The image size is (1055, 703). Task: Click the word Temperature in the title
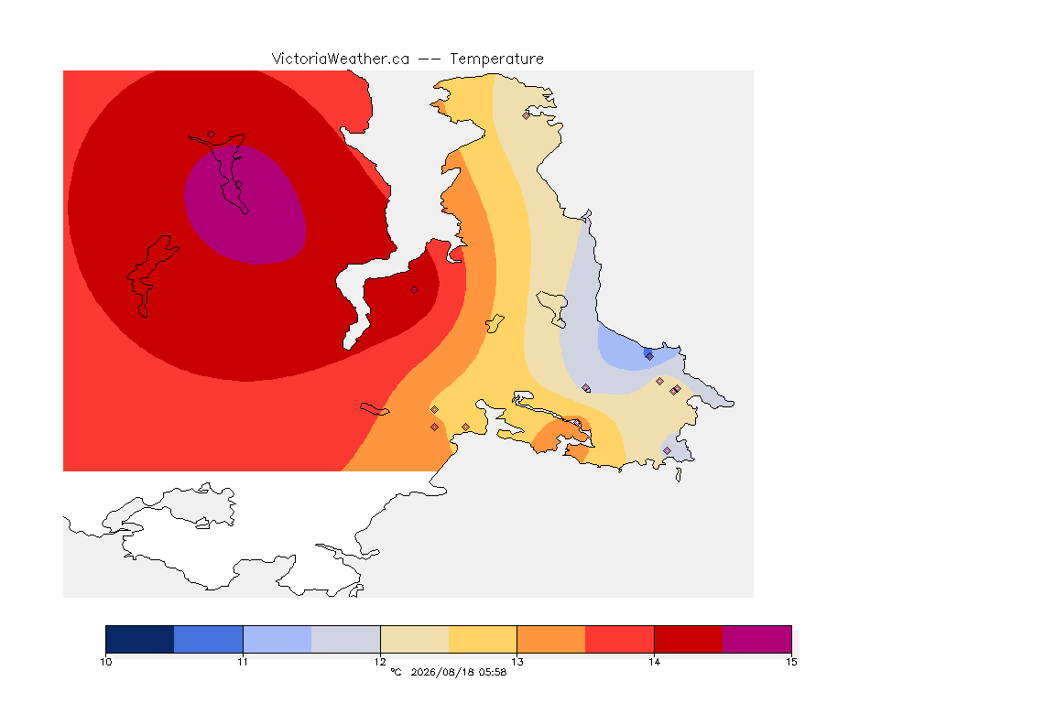(496, 59)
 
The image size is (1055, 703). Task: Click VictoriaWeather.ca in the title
(341, 59)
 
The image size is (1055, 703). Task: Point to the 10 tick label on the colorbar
(105, 662)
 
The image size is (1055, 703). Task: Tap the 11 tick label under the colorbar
(243, 662)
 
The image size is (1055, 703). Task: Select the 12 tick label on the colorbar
(380, 662)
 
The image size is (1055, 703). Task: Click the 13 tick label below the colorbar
(517, 662)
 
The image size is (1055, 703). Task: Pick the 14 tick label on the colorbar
(654, 662)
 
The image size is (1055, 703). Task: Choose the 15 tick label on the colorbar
(791, 662)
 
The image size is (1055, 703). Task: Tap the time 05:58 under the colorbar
(493, 672)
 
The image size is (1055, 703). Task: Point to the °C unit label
(396, 672)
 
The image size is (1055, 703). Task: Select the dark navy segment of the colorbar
(140, 639)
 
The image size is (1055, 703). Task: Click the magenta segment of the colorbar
(757, 639)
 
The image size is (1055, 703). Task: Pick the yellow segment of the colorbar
(483, 639)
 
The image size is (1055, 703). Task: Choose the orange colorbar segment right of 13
(551, 639)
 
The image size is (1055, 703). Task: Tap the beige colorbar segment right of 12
(415, 639)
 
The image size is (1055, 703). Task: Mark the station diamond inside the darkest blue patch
(649, 357)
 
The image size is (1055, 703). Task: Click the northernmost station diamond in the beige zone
(527, 115)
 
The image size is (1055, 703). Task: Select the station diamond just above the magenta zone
(212, 134)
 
